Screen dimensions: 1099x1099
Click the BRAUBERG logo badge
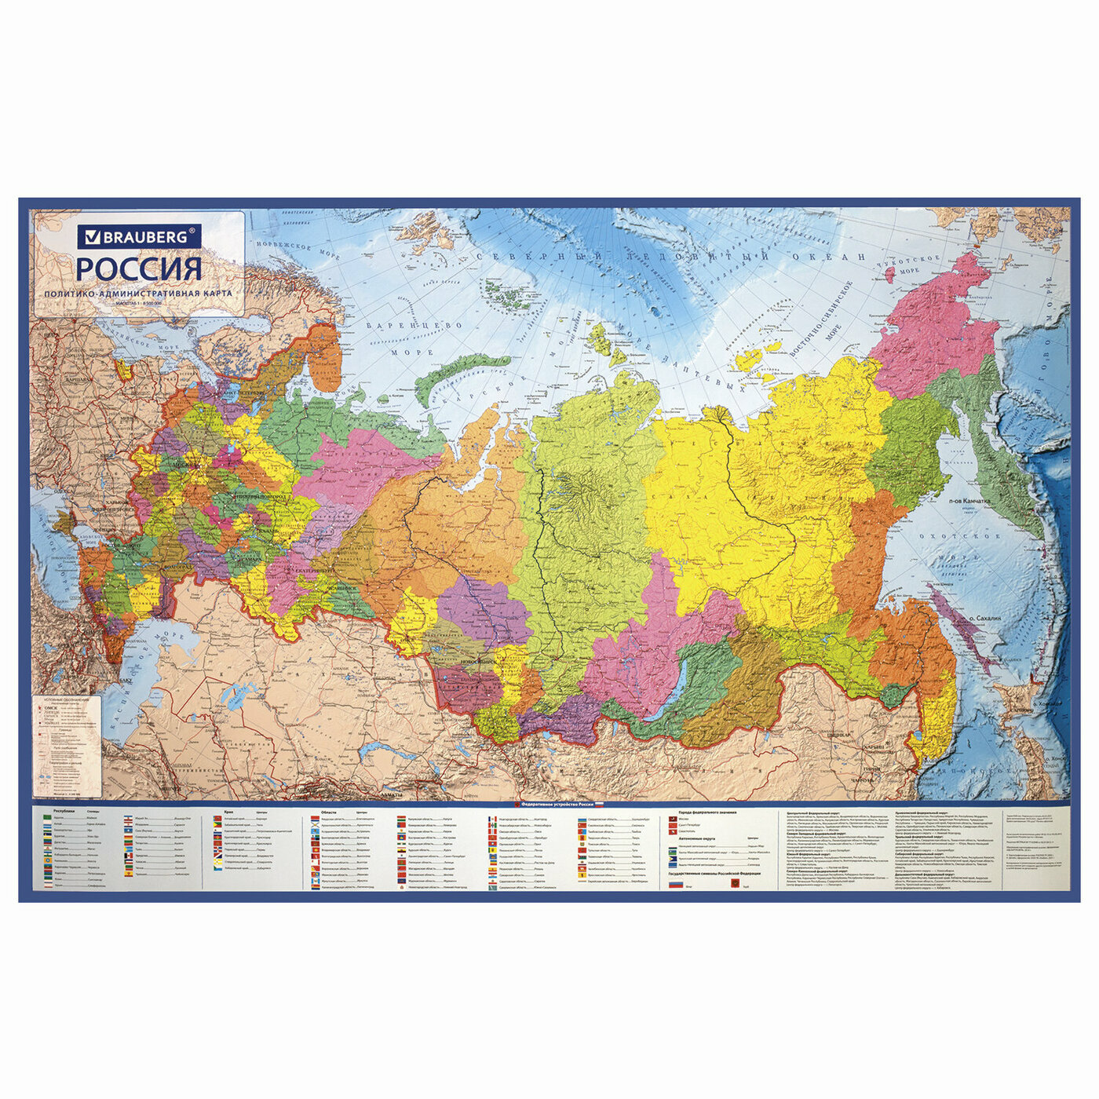pos(139,235)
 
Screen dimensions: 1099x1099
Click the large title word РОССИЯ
pos(139,269)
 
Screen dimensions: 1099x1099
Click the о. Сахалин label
pos(983,619)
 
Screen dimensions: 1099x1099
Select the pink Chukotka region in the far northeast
pos(934,330)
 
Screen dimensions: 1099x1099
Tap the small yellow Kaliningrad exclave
pos(122,369)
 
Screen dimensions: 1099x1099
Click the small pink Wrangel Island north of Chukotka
pos(889,274)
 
